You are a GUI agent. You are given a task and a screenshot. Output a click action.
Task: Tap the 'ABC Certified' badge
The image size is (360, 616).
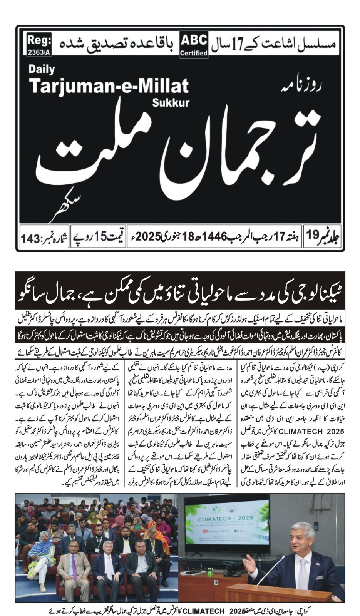(x=194, y=45)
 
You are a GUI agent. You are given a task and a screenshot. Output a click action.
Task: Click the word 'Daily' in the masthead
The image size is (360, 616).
(x=42, y=70)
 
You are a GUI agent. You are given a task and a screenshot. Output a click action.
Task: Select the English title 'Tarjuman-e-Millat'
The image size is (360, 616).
(x=109, y=85)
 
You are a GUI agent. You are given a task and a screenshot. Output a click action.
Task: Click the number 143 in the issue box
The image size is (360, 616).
(x=32, y=239)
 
